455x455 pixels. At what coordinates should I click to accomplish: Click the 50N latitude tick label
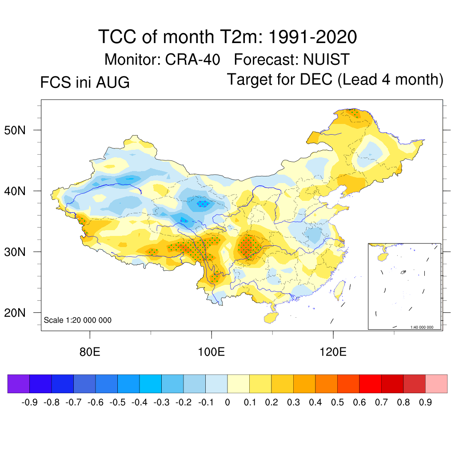pos(15,130)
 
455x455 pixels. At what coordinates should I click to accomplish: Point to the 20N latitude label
pos(15,313)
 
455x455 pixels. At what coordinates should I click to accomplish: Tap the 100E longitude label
pos(211,352)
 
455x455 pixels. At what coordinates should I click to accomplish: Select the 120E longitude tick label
pos(333,352)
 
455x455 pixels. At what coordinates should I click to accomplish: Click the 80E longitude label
pos(90,352)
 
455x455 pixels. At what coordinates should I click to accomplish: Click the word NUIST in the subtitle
pos(327,60)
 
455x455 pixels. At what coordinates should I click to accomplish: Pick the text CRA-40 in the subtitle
pos(193,60)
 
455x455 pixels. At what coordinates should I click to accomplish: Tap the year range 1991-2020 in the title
pos(312,37)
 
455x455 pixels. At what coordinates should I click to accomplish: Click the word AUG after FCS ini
pos(113,82)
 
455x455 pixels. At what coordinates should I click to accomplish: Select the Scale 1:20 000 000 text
pos(77,320)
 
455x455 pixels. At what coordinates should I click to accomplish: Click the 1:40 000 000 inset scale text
pos(422,327)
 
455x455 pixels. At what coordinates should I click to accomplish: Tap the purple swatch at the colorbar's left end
pos(19,383)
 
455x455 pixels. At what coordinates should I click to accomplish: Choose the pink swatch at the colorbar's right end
pos(436,383)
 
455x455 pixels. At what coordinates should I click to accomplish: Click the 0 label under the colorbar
pos(227,403)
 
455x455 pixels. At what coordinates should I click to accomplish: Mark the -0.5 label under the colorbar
pos(117,403)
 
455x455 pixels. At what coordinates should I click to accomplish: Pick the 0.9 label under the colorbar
pos(425,403)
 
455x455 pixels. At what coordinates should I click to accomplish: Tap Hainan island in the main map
pos(271,318)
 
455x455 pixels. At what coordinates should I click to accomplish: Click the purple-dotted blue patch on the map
pos(203,204)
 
